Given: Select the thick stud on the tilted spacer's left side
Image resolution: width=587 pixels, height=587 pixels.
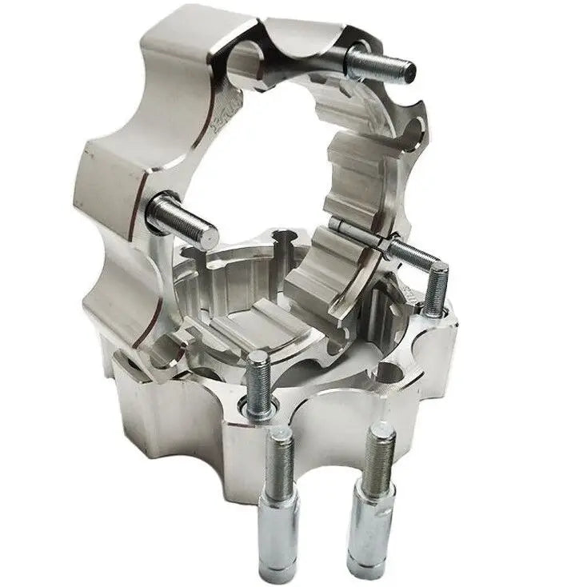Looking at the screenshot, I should [182, 220].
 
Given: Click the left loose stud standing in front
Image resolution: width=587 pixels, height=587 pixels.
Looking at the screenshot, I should [280, 496].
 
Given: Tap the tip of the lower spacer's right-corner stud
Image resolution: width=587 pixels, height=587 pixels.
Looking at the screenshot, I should [438, 272].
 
